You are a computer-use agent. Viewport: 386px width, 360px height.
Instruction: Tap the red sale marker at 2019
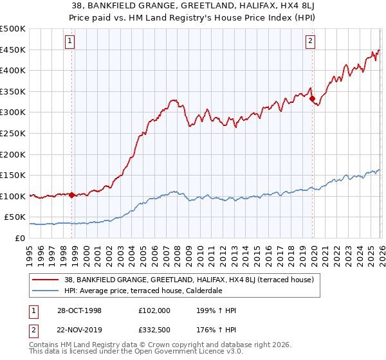[x=312, y=99]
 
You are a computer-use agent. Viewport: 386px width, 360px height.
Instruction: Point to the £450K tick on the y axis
[x=13, y=50]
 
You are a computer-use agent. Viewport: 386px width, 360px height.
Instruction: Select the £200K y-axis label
[x=13, y=154]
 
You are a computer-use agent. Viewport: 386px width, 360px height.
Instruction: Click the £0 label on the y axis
[x=19, y=238]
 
